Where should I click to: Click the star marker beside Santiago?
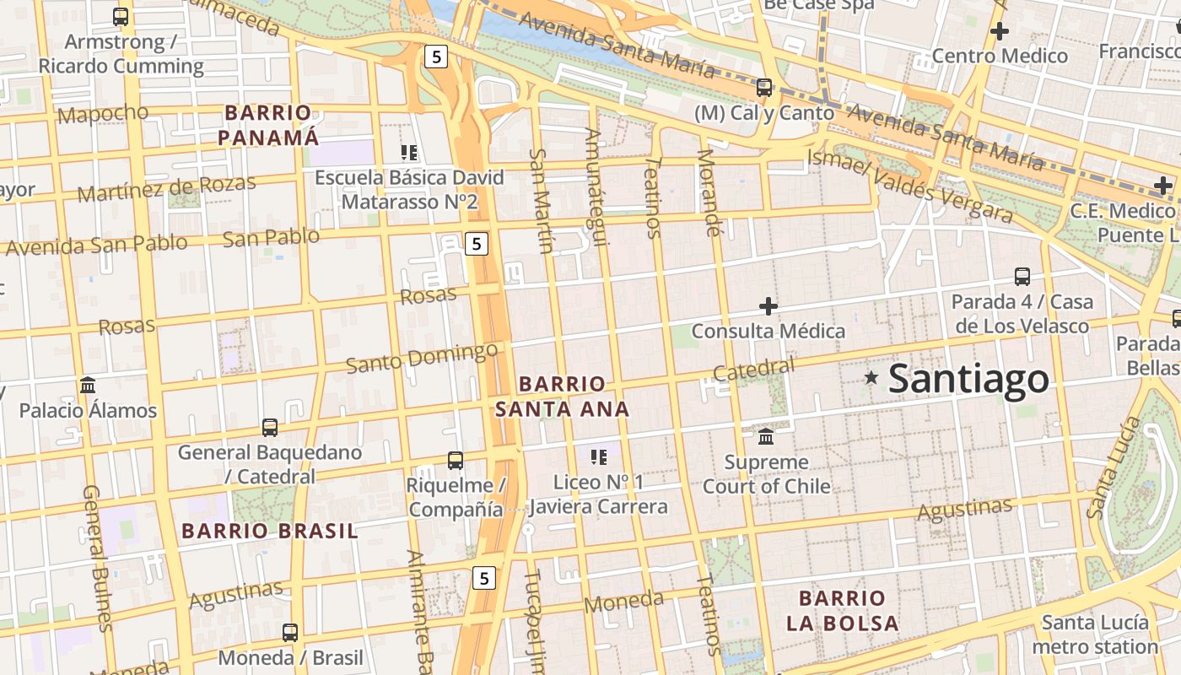[871, 378]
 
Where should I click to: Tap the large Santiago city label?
[968, 379]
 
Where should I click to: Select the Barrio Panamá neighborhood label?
[268, 125]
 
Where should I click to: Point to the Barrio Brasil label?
[270, 531]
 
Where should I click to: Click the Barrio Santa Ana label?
[562, 397]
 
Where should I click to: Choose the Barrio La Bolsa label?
[842, 611]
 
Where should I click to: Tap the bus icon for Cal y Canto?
[764, 87]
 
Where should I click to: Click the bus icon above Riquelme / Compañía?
[456, 460]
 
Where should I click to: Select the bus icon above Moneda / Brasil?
[290, 632]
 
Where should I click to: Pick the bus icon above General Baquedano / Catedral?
[270, 427]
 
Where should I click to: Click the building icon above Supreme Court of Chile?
[766, 436]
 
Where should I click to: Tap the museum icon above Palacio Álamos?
[88, 385]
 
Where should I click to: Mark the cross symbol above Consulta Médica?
[768, 305]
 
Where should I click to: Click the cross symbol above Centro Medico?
[1000, 31]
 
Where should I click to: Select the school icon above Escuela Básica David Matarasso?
[409, 153]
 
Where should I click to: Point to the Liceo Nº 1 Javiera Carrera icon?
[599, 457]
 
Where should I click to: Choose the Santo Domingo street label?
[422, 358]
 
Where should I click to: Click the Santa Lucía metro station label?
[1095, 634]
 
